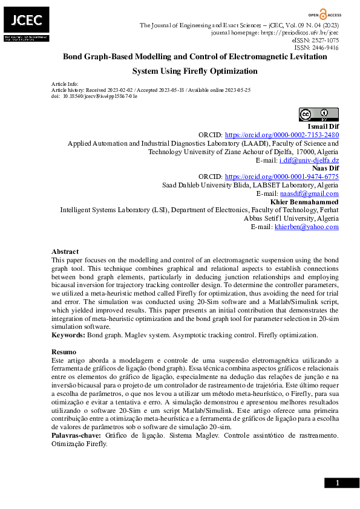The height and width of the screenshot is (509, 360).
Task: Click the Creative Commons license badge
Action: (318, 114)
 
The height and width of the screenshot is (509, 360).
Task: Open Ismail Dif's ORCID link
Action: (281, 135)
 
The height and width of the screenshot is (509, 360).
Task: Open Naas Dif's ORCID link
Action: (281, 177)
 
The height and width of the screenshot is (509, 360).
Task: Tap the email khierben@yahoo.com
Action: (307, 227)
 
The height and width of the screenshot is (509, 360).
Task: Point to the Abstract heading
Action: (65, 251)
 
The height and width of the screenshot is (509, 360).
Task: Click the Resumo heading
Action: (64, 352)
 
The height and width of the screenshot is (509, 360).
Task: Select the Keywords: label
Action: (68, 335)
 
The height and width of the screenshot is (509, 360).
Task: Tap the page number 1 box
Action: (337, 482)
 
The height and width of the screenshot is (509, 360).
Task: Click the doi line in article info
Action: (94, 96)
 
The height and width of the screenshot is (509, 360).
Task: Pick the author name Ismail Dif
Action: (322, 126)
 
